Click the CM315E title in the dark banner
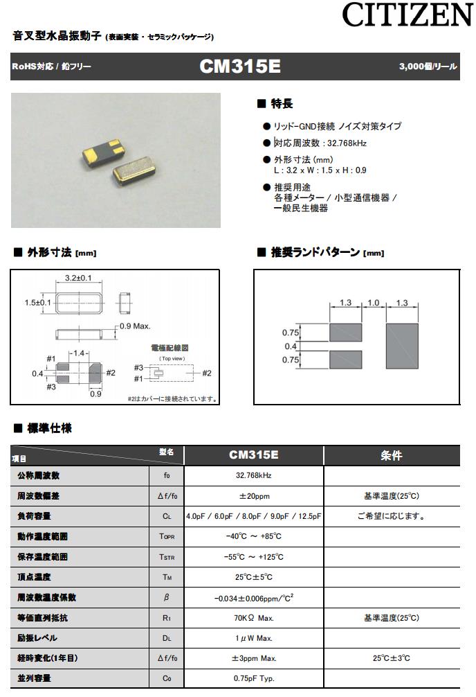239,67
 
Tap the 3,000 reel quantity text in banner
427,67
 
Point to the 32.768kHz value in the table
253,476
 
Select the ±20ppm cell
253,496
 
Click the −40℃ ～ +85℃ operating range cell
253,536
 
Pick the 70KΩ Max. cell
253,617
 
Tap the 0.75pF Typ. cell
253,678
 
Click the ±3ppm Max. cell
253,658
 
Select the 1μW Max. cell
253,638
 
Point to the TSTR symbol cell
167,557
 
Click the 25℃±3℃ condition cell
391,658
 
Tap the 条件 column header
391,455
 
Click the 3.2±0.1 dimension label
79,279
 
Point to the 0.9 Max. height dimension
135,326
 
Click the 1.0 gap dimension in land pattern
374,303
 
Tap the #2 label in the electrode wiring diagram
206,373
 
